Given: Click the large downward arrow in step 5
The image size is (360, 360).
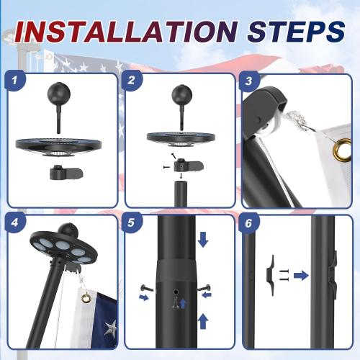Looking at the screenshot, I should tap(204, 239).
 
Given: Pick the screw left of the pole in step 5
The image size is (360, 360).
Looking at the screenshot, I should tap(145, 290).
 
